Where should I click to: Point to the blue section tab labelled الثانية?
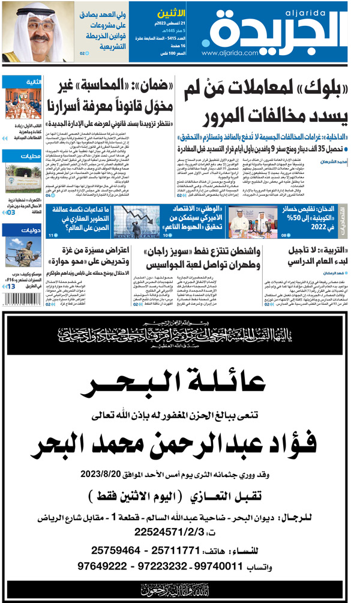click(x=32, y=82)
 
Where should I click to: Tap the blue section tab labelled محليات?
click(x=32, y=157)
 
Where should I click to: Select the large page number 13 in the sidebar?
click(x=10, y=287)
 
